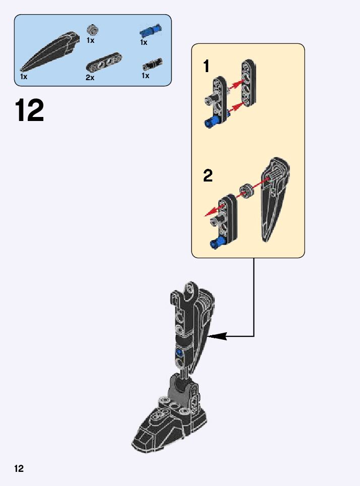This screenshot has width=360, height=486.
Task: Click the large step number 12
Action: tap(30, 111)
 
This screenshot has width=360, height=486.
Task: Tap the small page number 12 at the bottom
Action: tap(19, 469)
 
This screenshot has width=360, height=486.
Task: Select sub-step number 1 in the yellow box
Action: tap(206, 67)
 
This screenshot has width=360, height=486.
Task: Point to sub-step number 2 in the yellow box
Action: tap(208, 176)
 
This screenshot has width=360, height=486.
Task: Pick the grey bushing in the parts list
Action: tap(92, 29)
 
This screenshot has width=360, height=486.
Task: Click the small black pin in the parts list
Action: tap(151, 64)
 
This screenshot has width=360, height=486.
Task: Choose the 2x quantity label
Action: tap(90, 78)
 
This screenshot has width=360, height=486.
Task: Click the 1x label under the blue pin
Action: tap(144, 43)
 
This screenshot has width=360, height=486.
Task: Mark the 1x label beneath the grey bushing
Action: tap(90, 40)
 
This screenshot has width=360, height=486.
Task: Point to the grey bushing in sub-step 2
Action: tap(248, 190)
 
